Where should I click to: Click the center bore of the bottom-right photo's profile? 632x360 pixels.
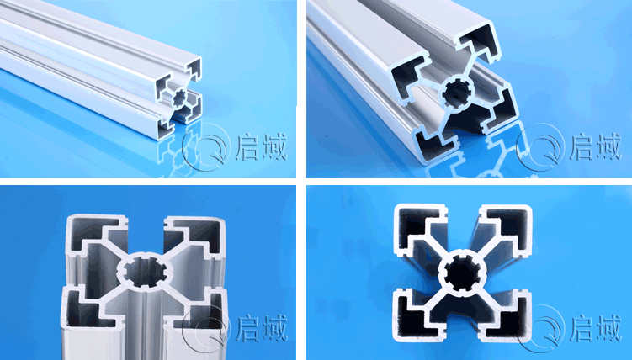click(x=462, y=273)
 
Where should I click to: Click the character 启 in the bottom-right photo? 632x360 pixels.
click(x=582, y=328)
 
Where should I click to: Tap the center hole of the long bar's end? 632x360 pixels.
click(x=179, y=97)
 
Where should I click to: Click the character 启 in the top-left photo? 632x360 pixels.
click(x=248, y=147)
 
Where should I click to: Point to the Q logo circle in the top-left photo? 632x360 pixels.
click(x=204, y=147)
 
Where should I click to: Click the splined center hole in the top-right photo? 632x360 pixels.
click(x=456, y=94)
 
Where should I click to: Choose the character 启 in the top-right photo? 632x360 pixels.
click(x=582, y=147)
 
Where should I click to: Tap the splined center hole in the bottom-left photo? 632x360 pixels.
click(x=144, y=273)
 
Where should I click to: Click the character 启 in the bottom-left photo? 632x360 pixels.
click(x=248, y=328)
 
